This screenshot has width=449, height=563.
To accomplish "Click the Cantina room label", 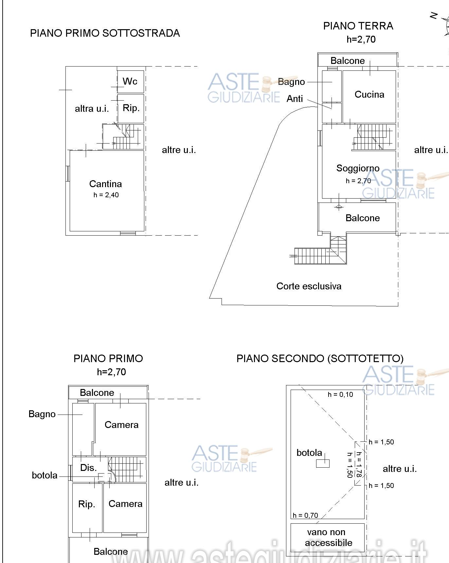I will [x=105, y=184].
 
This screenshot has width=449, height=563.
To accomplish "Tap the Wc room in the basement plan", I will [x=130, y=81].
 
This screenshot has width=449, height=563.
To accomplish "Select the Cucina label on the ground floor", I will [x=369, y=94].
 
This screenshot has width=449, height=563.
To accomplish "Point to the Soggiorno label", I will [x=358, y=168].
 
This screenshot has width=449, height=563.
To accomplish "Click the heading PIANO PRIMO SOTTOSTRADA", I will [x=105, y=33].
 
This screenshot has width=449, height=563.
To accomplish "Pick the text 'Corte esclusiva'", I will [x=309, y=286].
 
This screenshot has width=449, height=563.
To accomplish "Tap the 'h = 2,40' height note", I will [x=106, y=195].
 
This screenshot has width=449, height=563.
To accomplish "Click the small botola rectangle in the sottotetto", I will [x=323, y=463].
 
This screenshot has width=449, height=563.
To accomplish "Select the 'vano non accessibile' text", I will [x=328, y=537].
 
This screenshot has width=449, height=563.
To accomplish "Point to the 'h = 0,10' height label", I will [x=340, y=395].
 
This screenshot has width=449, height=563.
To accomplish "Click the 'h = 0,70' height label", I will [x=305, y=515].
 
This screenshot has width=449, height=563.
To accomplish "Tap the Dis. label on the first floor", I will [x=88, y=468].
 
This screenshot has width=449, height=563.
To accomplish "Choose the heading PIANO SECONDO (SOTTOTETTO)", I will [x=320, y=359].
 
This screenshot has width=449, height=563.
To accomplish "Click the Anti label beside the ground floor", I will [x=295, y=99].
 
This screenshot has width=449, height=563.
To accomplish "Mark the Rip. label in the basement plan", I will [x=131, y=108].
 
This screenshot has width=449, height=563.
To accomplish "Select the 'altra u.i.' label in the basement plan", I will [x=92, y=109].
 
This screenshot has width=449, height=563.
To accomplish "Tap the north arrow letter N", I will [x=434, y=16].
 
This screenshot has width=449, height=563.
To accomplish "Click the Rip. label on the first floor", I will [x=87, y=504].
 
